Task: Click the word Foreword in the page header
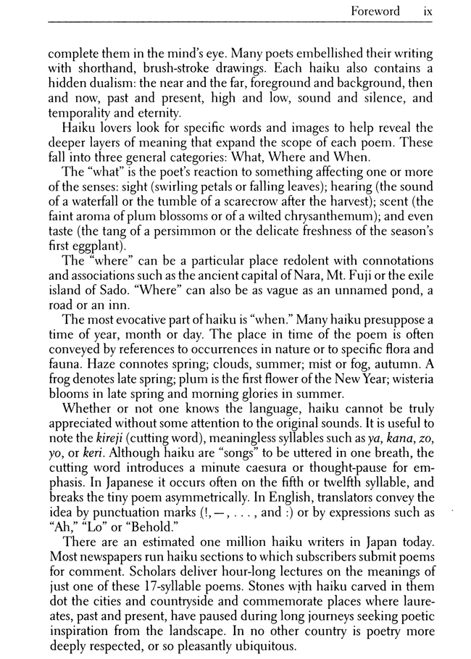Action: [x=375, y=11]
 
